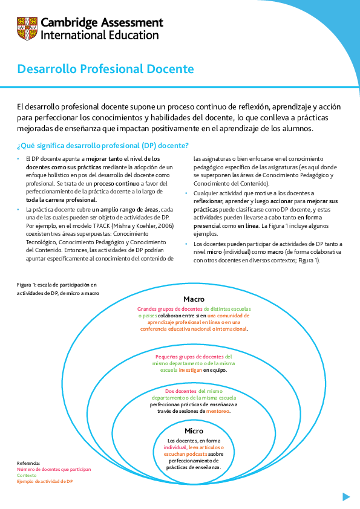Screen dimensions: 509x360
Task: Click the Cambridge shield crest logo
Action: [27, 28]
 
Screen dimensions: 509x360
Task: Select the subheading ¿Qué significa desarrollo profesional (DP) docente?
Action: [103, 146]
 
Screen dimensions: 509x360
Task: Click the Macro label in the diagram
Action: [194, 299]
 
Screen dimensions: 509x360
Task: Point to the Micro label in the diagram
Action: [194, 431]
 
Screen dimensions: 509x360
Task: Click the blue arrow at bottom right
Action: [346, 496]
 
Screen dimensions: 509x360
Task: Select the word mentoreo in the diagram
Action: [218, 411]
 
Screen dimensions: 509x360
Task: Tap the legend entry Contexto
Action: [27, 475]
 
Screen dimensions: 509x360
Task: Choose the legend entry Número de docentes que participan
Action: [54, 469]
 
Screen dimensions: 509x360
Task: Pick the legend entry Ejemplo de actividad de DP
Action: [45, 481]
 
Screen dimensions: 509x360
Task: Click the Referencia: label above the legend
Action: [28, 463]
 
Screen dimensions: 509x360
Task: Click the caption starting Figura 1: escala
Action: [56, 284]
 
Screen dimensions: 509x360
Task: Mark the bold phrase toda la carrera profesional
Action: [61, 199]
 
